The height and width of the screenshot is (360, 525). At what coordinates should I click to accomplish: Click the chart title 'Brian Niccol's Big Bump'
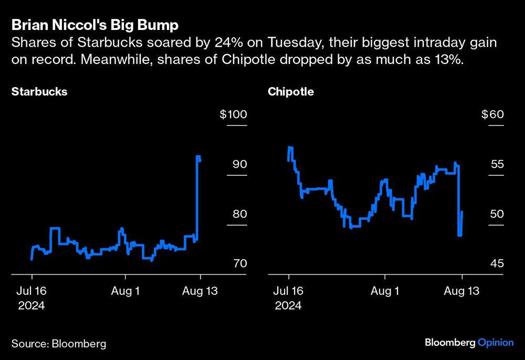96,25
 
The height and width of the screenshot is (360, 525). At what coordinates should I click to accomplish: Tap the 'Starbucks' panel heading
39,91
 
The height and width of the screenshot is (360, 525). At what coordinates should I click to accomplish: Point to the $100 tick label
233,114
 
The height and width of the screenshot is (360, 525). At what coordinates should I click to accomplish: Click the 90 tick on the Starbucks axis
240,164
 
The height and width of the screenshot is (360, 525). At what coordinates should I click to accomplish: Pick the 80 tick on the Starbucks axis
240,214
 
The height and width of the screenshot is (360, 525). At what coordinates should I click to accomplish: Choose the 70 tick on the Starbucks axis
240,263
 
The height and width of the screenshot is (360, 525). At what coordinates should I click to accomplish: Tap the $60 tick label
492,114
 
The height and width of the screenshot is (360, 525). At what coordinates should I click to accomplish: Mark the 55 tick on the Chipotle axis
497,164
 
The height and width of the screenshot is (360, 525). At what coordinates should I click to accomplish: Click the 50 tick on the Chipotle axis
497,214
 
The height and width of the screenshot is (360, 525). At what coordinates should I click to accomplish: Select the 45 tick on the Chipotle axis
497,263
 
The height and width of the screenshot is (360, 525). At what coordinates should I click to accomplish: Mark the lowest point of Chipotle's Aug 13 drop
459,236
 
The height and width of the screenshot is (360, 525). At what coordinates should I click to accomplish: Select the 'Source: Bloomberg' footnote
59,344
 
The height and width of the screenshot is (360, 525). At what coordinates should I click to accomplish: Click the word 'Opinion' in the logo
495,343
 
